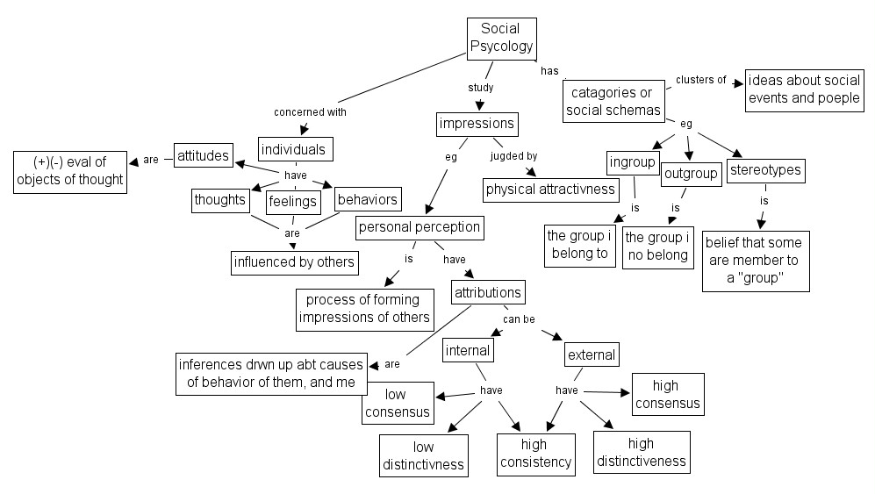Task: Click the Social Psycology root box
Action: [x=500, y=38]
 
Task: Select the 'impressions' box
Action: [x=476, y=124]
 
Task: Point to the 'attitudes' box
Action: [x=203, y=156]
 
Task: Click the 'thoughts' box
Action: [x=220, y=200]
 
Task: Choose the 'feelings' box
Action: [x=292, y=201]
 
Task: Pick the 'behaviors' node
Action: [x=367, y=199]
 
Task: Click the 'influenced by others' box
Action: [x=294, y=261]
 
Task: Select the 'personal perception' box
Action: [x=420, y=227]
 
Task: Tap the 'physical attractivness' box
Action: [x=550, y=189]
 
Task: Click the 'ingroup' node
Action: [x=632, y=162]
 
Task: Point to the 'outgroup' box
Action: [x=691, y=174]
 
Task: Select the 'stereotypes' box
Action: [x=765, y=169]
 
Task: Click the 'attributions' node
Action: [x=488, y=292]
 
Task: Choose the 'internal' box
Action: [x=467, y=351]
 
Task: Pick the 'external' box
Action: [x=592, y=354]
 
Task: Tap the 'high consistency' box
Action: [x=535, y=455]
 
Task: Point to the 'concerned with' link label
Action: [x=310, y=111]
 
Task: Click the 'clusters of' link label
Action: [x=700, y=80]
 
